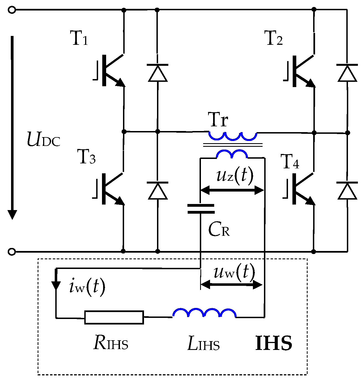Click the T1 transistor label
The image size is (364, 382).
coord(79,38)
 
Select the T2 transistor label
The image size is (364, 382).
coord(273,38)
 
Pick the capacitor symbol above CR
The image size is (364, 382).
coord(201,209)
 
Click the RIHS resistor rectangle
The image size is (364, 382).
coord(114,317)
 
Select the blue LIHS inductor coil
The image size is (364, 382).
coord(204,313)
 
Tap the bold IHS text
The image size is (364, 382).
coord(273,343)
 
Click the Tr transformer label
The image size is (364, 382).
coord(218,120)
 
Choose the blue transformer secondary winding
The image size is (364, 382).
coord(232,154)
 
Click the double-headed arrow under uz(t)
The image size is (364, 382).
coord(232,190)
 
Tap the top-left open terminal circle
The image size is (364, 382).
coord(12,10)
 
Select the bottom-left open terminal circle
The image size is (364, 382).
coord(12,252)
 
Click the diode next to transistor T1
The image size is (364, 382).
coord(158,73)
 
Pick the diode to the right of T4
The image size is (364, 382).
coord(347,191)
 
